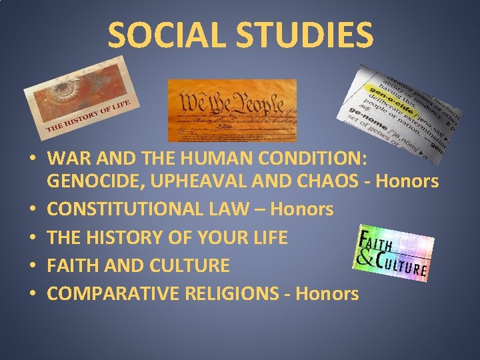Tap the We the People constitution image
pos(232,110)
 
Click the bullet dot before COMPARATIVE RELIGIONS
pos(32,295)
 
